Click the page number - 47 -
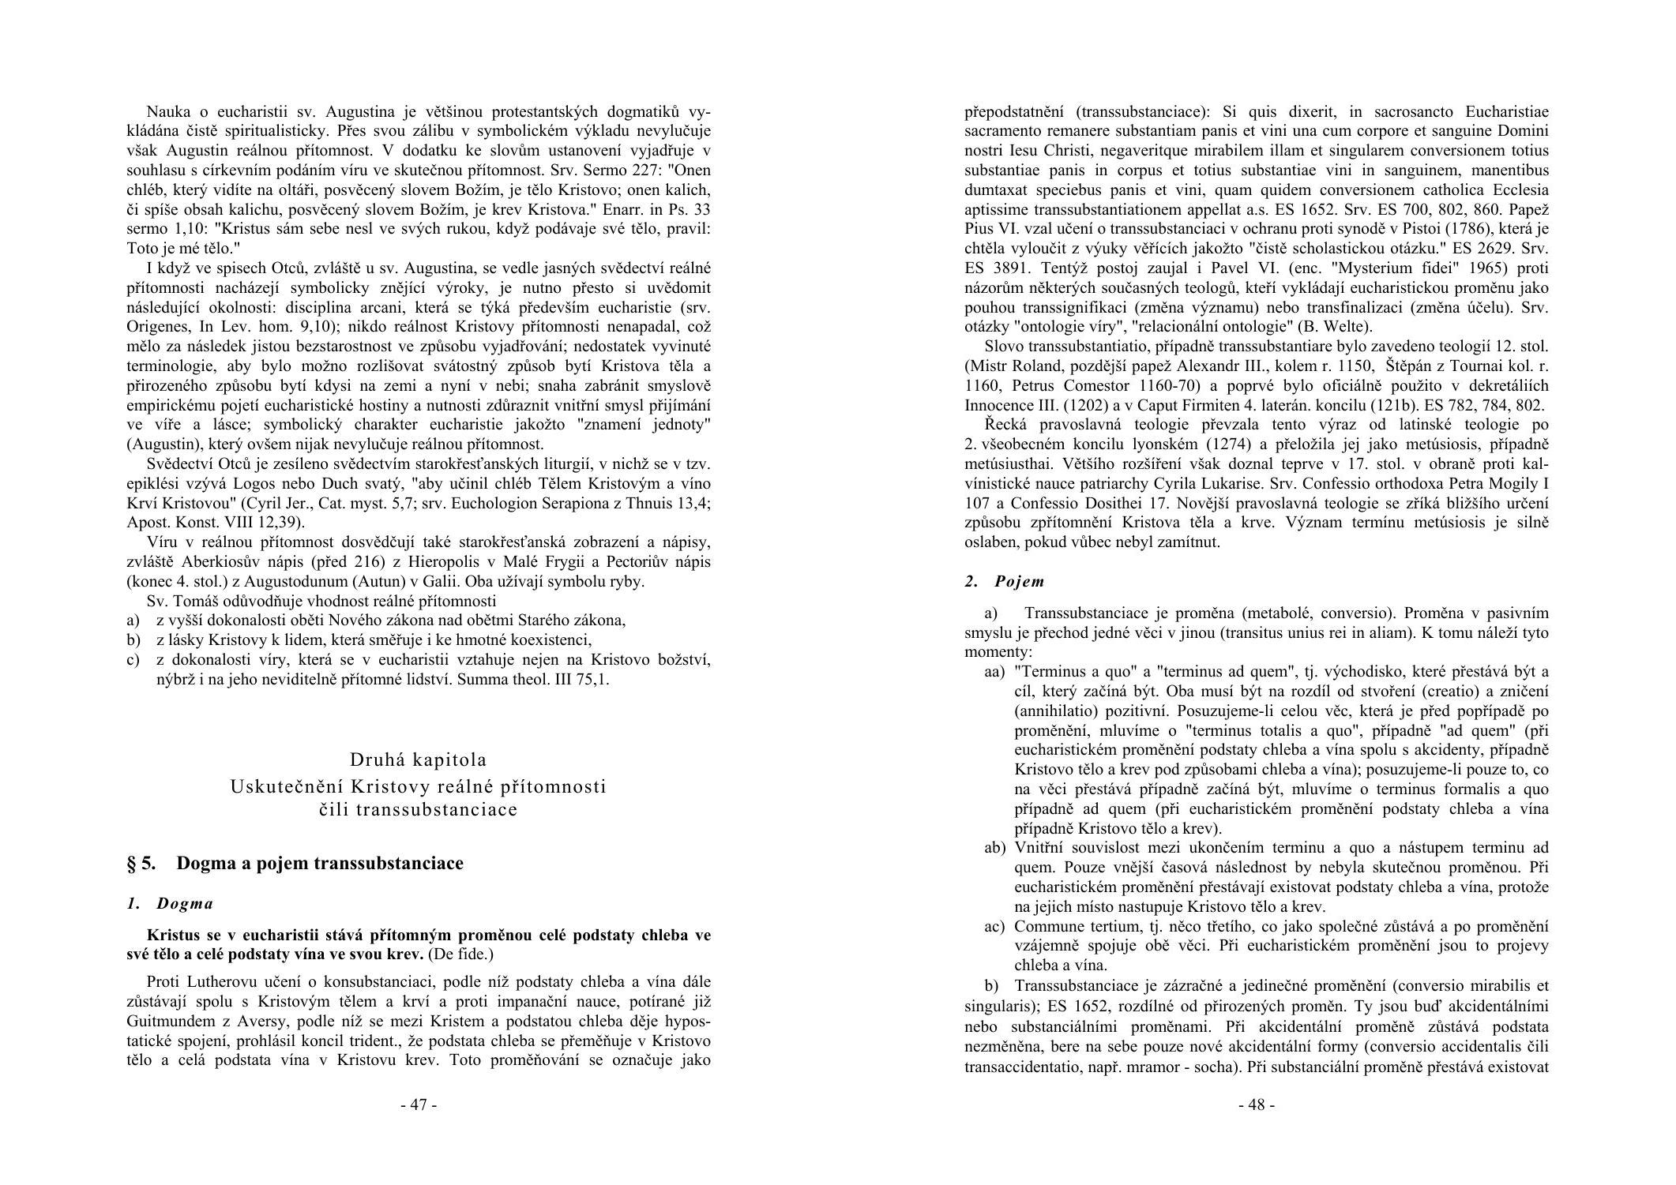click(419, 1104)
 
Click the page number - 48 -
click(1256, 1104)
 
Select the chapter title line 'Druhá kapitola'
click(419, 759)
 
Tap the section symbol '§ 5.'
click(142, 863)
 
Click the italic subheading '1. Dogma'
click(170, 903)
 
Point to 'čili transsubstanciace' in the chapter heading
click(419, 809)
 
